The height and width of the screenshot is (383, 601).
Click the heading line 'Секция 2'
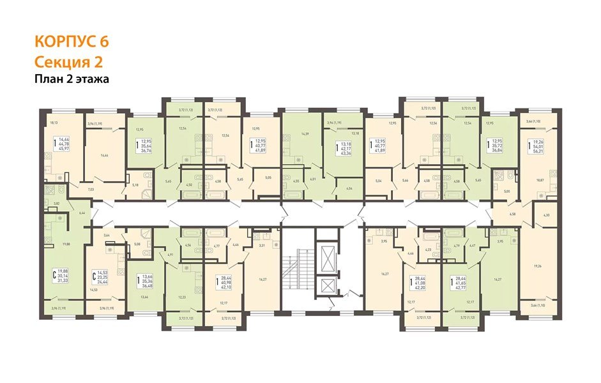(x=68, y=62)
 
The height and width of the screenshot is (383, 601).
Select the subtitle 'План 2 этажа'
(x=72, y=79)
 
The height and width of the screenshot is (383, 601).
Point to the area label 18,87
(x=540, y=181)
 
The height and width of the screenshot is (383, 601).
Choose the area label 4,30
(x=545, y=215)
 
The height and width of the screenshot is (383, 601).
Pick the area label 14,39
(x=304, y=133)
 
